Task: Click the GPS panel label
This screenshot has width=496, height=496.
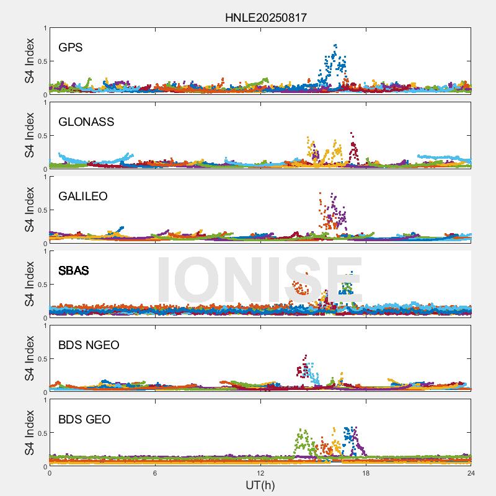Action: pos(71,47)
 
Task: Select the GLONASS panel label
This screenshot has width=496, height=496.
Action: pos(86,122)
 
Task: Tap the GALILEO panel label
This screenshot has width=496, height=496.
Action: pos(83,196)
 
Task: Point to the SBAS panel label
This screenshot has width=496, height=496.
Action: pos(74,270)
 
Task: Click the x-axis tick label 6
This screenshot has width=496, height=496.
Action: pos(155,473)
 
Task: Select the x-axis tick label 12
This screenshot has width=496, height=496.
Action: pos(260,473)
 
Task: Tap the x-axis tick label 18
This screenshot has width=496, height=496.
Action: pos(366,473)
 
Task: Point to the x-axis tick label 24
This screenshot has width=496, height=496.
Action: pos(471,473)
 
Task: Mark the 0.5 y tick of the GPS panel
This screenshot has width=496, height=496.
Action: pos(40,61)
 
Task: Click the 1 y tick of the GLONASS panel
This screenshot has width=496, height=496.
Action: pos(44,102)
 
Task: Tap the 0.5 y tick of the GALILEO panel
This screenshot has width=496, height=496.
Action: pos(40,210)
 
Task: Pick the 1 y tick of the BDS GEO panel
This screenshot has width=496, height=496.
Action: pos(44,400)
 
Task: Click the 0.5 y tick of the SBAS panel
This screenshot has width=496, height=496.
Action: pos(40,285)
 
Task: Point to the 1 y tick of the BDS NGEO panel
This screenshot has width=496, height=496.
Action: pos(44,325)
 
